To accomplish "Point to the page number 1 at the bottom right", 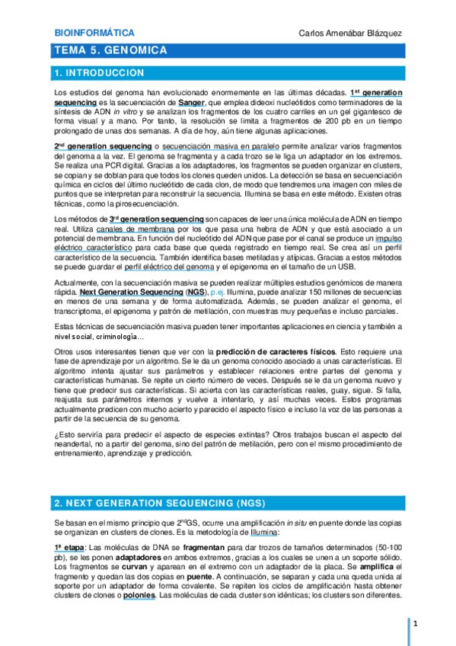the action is pyautogui.click(x=416, y=625).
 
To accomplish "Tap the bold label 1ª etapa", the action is pyautogui.click(x=70, y=548).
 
